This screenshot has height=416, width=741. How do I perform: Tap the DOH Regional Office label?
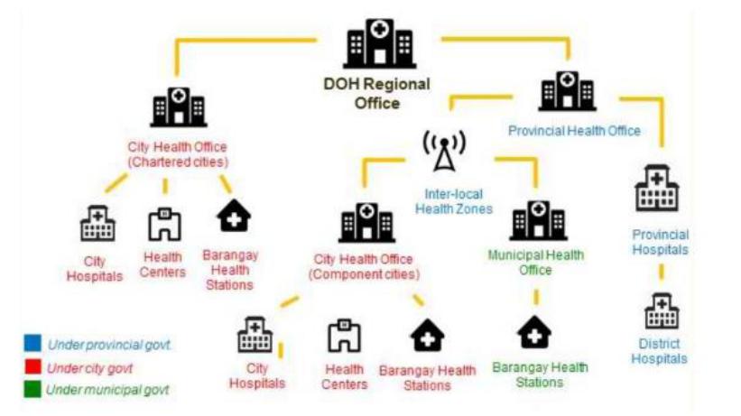[x=377, y=93]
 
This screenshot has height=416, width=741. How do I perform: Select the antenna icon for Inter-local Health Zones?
[x=443, y=152]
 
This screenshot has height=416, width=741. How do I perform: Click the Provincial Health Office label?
[x=574, y=131]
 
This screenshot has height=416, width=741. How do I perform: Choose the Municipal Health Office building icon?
[x=537, y=222]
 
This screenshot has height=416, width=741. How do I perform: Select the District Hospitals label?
[x=661, y=351]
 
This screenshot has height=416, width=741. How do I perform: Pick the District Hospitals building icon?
[x=662, y=312]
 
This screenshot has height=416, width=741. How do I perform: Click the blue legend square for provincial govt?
[x=32, y=344]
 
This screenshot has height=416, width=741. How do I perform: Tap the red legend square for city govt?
[x=32, y=367]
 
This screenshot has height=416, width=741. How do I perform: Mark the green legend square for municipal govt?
[x=32, y=390]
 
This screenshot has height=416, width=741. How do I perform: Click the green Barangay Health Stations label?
[x=540, y=374]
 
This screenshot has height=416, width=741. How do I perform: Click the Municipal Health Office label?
[x=536, y=263]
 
